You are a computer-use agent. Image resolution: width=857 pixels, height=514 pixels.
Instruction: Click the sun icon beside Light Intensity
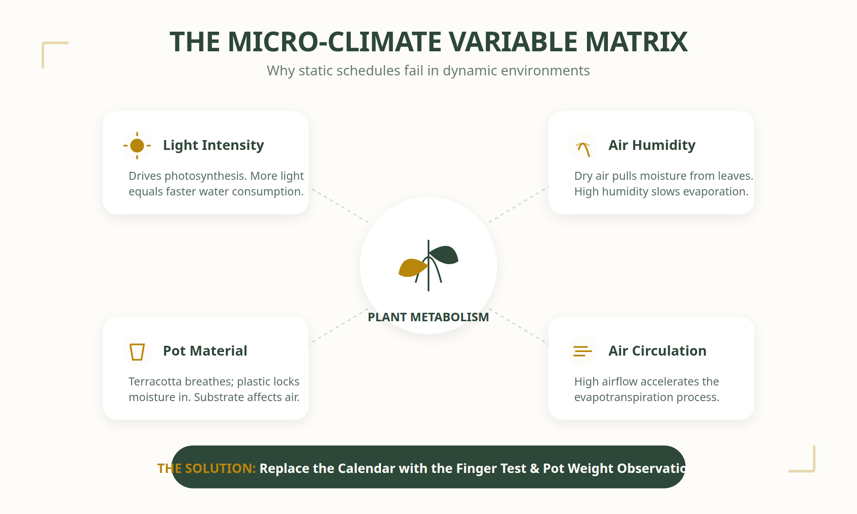point(137,145)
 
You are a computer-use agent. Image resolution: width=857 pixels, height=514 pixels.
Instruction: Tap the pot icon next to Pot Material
point(137,352)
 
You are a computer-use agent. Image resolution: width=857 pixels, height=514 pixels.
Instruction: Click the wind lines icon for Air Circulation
point(582,352)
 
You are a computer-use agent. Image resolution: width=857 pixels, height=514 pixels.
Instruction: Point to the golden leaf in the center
point(412,268)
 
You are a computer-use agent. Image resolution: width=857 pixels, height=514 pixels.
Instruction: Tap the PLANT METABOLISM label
point(428,317)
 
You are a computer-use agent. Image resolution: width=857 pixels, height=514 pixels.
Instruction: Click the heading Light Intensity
point(213,145)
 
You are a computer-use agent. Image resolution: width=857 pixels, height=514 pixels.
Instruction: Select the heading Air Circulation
point(657,351)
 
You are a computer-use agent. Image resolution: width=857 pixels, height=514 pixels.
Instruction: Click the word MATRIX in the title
point(636,42)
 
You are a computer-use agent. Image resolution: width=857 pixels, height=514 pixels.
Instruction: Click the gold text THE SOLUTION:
point(206,468)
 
